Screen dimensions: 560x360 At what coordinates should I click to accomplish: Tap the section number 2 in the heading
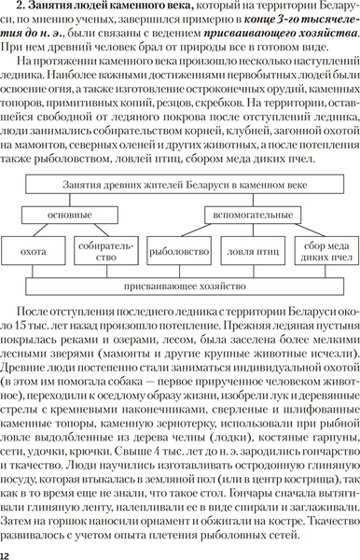pyautogui.click(x=29, y=7)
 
